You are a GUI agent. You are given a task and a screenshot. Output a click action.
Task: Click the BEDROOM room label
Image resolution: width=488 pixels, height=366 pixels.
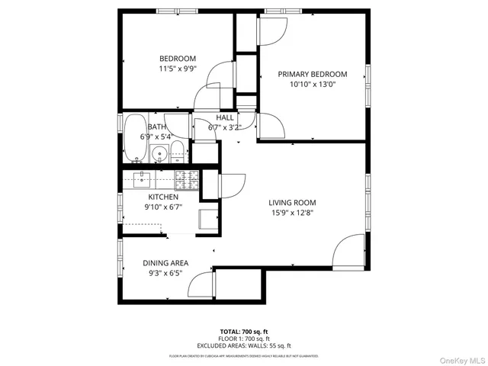coord(178,59)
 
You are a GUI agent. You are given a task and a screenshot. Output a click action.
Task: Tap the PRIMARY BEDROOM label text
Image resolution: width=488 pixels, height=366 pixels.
coord(312,74)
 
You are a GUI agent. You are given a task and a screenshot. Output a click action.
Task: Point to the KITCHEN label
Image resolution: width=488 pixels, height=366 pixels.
coord(163,197)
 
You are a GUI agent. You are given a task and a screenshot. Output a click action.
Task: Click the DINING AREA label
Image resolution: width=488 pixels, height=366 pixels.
coord(165,263)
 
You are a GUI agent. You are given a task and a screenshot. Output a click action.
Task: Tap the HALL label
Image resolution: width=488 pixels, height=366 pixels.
coord(225,117)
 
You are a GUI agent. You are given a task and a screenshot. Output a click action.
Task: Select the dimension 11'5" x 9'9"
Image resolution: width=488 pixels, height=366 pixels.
coord(178,69)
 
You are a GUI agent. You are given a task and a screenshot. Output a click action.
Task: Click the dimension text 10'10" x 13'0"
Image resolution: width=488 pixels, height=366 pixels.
coord(312,85)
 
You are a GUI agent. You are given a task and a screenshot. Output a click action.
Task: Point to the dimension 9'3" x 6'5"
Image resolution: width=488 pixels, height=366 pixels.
coord(165,274)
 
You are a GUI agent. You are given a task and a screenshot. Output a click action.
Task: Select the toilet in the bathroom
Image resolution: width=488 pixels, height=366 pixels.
coord(177,151)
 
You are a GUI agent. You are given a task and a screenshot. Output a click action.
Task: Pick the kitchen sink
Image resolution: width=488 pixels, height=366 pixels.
coord(143,180)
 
